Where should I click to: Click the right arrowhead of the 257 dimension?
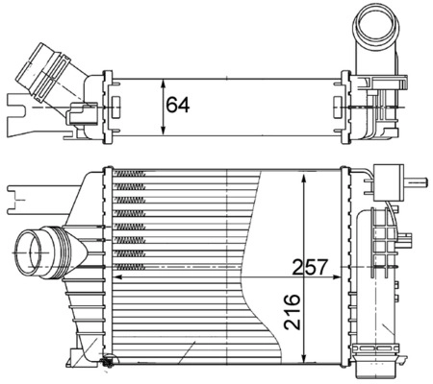[342, 276]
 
